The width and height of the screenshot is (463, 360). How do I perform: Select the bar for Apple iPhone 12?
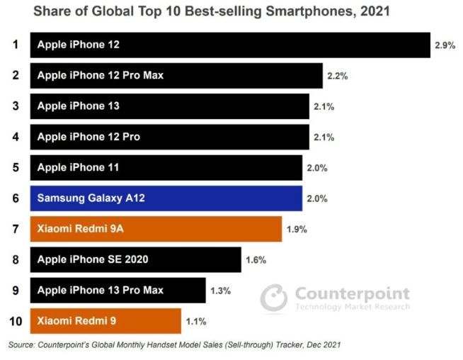230,45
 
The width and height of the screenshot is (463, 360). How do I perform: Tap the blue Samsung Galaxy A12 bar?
166,198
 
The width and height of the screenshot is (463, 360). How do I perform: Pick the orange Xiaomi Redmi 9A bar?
156,229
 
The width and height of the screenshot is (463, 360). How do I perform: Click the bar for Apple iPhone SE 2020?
135,260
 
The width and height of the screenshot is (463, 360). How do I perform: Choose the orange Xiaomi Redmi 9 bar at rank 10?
105,321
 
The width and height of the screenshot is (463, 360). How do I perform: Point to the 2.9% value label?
445,45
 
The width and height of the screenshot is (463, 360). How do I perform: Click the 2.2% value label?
336,75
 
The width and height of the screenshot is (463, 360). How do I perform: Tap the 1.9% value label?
296,229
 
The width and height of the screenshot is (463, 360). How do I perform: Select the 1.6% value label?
256,260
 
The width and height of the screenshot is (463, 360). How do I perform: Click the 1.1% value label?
195,321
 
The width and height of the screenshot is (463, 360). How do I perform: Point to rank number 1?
14,45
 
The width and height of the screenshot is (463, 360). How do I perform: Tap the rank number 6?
14,198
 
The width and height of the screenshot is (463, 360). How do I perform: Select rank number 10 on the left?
14,321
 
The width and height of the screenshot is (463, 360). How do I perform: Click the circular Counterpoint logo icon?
273,298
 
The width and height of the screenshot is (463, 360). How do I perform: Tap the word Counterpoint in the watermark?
351,293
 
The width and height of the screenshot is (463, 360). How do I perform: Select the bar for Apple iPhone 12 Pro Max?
176,75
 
